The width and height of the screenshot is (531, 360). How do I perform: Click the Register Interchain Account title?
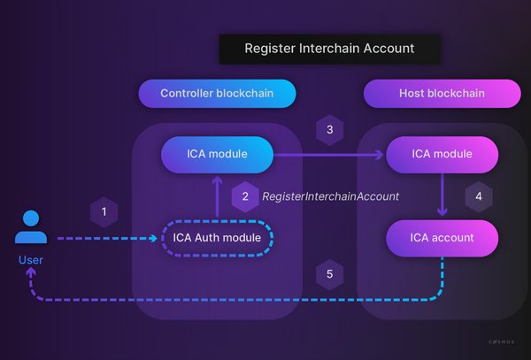[x=329, y=49]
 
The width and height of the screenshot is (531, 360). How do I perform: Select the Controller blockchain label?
[x=217, y=94]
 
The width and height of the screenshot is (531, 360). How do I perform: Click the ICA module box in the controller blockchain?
[x=216, y=155]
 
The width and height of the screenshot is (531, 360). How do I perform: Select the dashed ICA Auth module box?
[x=217, y=238]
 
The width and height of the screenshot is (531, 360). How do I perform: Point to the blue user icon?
[x=31, y=227]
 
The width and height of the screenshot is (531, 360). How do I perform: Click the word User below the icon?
[x=31, y=260]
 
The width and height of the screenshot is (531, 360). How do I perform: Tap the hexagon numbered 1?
[x=104, y=212]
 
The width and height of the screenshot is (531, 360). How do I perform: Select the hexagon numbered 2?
[x=245, y=196]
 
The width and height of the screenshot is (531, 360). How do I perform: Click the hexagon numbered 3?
[x=329, y=130]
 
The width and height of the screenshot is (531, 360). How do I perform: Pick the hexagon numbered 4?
[x=479, y=196]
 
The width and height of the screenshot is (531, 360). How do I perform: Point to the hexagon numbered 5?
[x=329, y=274]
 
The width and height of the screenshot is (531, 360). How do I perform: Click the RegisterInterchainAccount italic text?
[x=330, y=196]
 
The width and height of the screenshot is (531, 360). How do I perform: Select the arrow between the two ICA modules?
[x=327, y=156]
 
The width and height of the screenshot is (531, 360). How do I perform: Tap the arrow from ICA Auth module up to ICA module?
[x=217, y=197]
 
